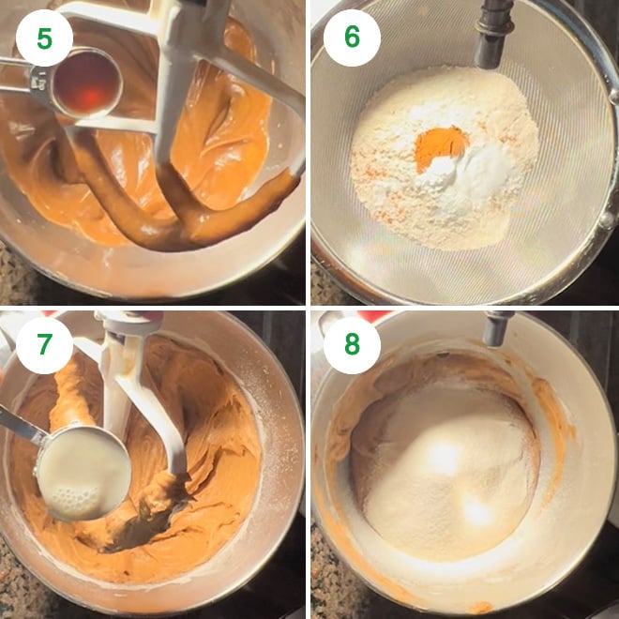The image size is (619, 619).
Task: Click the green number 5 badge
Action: pos(44,38)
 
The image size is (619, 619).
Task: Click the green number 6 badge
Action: pos(352,38)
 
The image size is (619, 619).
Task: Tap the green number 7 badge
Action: pos(44,345)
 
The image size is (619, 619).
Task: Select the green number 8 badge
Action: pos(352,345)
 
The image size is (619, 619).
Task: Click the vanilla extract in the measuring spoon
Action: pos(87,83)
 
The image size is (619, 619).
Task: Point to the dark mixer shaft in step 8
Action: pos(496,327)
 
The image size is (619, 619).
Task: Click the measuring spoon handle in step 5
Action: pos(18,75)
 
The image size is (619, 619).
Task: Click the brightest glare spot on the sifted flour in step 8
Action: pos(445,458)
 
